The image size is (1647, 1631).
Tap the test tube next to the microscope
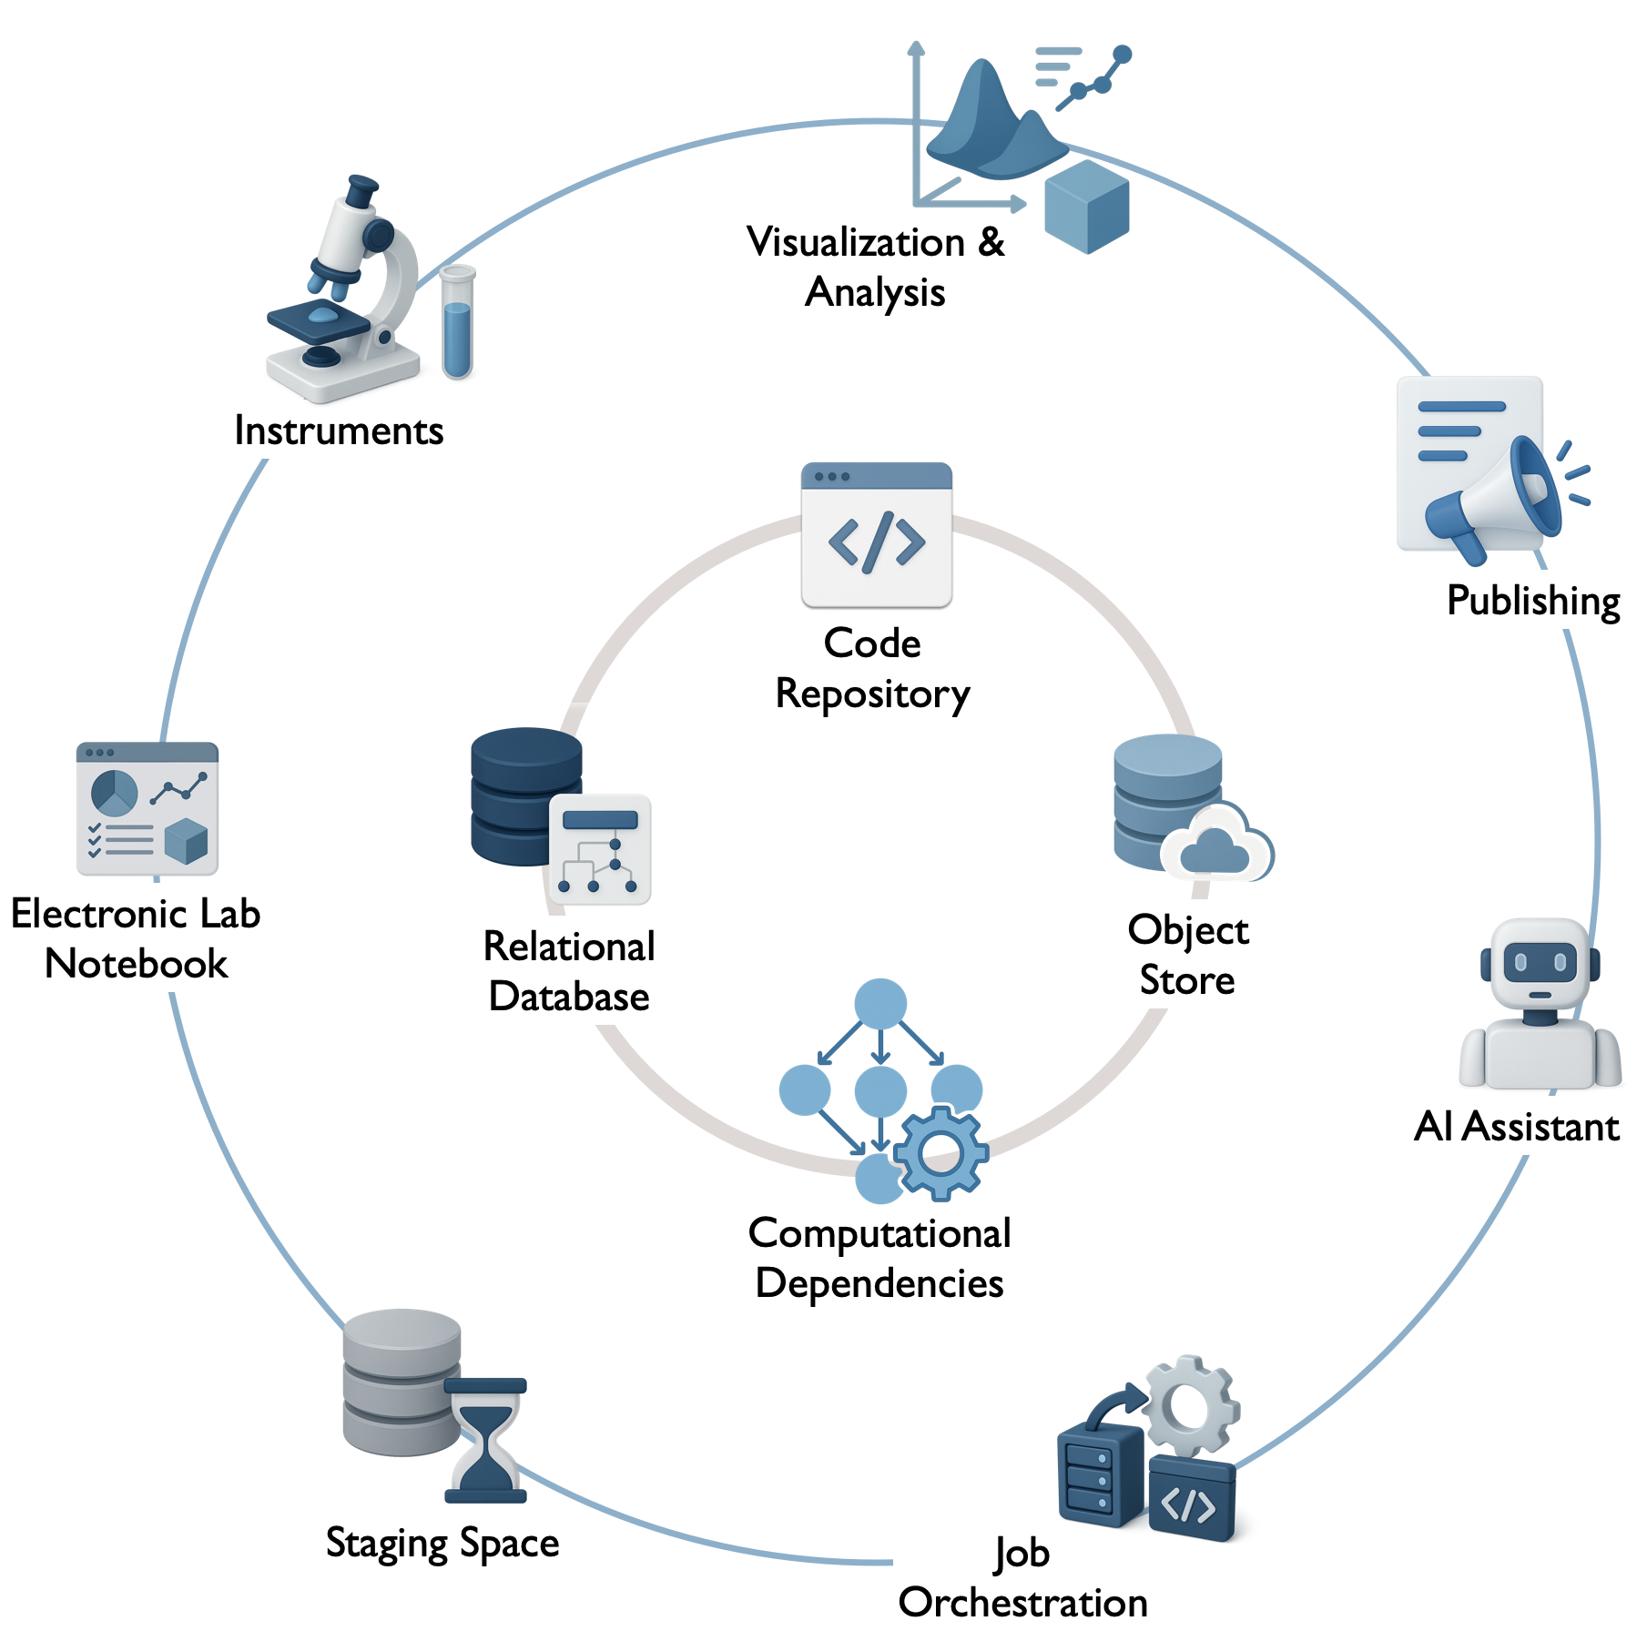point(457,323)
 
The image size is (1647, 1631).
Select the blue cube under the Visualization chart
point(1086,207)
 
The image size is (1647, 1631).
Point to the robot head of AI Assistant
point(1540,963)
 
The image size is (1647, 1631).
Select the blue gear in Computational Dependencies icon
point(940,1153)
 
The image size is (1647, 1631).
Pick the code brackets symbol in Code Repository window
point(876,542)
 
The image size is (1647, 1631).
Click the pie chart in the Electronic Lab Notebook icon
point(114,792)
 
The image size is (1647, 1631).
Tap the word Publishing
point(1533,601)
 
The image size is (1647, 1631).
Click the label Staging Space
point(442,1544)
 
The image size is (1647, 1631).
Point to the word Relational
point(569,947)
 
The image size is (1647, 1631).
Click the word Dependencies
point(879,1283)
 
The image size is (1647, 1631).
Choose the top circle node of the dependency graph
point(880,1004)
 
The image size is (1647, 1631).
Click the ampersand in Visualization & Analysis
point(991,243)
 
